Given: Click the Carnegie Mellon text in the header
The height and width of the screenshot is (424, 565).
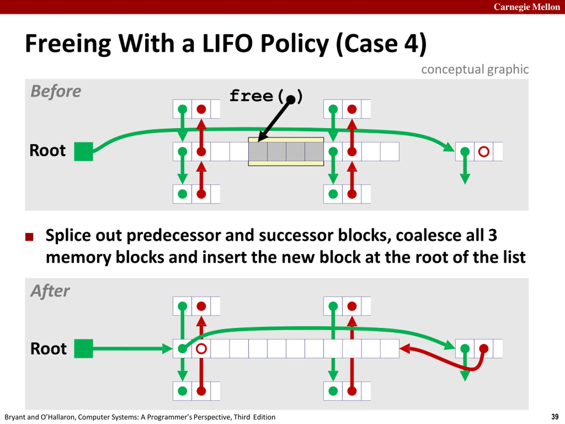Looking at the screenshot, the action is (x=527, y=7).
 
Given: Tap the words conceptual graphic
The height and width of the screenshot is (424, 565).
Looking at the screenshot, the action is (x=475, y=70).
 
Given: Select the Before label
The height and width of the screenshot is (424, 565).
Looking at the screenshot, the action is (x=56, y=91).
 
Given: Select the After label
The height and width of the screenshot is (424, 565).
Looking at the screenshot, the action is (x=50, y=291).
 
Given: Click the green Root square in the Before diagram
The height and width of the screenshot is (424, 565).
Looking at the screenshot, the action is (x=83, y=151).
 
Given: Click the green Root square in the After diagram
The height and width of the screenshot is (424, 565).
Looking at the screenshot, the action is (x=83, y=349).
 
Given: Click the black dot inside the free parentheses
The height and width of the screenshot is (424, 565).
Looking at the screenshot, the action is (x=291, y=99).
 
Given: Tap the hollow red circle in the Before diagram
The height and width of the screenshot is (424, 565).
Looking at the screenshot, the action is (x=484, y=151).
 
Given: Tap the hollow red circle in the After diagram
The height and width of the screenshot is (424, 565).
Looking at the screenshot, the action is (x=201, y=349).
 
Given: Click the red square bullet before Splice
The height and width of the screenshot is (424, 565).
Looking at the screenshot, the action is (x=29, y=237).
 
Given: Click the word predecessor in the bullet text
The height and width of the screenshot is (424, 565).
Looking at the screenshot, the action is (x=173, y=235).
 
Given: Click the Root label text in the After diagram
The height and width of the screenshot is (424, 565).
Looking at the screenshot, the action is (x=48, y=349).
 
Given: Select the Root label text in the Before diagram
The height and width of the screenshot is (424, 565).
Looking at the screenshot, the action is (x=47, y=150).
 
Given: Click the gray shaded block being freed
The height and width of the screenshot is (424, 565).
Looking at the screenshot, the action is (x=286, y=151).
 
